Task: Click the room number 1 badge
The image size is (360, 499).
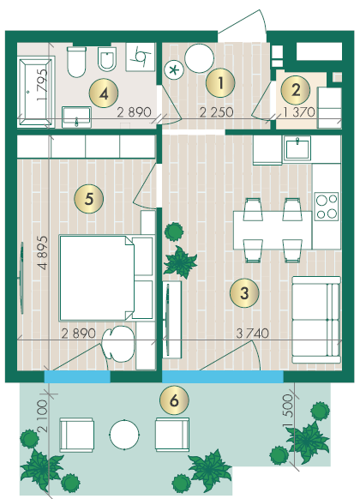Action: pos(220,83)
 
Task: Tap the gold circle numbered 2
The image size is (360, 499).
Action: pos(296,90)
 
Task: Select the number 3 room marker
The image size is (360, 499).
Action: pos(244,292)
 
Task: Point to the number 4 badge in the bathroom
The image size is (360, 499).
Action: pos(104,93)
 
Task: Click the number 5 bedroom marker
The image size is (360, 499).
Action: pos(89,199)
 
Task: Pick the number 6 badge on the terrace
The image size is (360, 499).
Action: pos(174,400)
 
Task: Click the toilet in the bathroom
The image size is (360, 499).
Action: pos(76,62)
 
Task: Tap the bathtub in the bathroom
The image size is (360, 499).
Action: pos(36,92)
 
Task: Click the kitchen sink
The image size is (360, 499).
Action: pos(297,148)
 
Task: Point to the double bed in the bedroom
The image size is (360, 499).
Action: pos(106,278)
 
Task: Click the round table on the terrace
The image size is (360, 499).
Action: pos(124,435)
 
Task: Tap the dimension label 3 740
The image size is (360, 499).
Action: pos(253,334)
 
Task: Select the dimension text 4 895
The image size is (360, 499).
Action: pos(43,253)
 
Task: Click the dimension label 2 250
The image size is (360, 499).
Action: pos(216,112)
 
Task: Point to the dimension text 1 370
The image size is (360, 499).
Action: pos(299,112)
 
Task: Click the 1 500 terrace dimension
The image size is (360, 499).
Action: pos(287,411)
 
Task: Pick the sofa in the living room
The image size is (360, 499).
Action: pos(316,320)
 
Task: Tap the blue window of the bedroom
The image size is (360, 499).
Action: pos(77,376)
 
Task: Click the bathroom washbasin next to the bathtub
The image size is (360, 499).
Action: pos(76,117)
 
